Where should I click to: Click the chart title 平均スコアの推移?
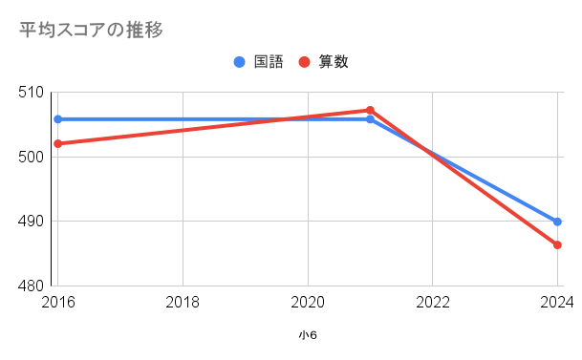coord(91,30)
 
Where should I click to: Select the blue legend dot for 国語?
coord(240,62)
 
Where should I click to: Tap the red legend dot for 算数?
coord(304,62)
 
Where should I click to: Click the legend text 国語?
coord(269,62)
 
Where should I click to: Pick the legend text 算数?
coord(334,62)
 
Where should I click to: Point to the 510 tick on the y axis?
coord(31,93)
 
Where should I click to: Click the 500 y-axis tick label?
coord(31,157)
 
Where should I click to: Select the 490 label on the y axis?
coord(31,222)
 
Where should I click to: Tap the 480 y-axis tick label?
coord(31,286)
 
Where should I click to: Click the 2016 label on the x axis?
coord(58,302)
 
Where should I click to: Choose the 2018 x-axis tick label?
coord(183,302)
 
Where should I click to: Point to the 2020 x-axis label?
coord(308,302)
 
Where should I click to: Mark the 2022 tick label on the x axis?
coord(432,302)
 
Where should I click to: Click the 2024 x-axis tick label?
coord(557,302)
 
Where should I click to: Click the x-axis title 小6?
coord(308,335)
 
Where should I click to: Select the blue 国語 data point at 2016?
coord(58,119)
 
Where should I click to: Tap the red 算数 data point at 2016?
coord(58,144)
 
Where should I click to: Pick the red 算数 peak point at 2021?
coord(370,111)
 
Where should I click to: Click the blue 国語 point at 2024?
coord(557,222)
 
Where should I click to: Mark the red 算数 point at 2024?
coord(557,245)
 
